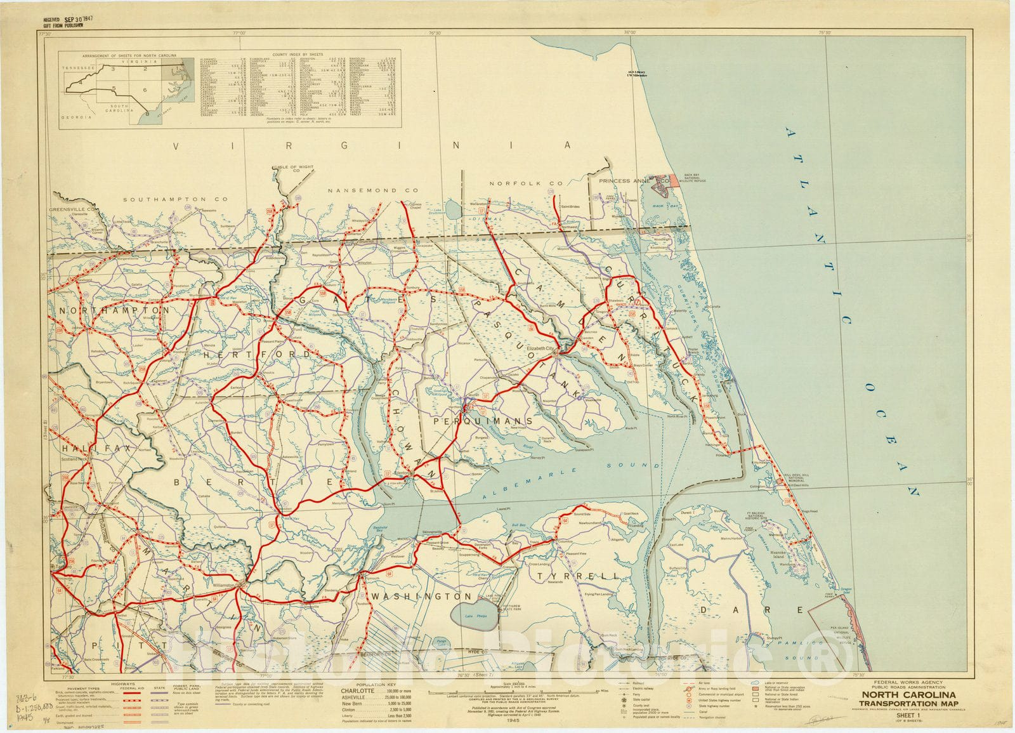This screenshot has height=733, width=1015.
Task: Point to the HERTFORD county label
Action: (257, 354)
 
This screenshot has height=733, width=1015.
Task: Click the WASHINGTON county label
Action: (422, 597)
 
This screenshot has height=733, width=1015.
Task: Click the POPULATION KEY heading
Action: (375, 685)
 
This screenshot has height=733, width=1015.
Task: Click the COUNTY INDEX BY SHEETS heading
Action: (300, 55)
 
